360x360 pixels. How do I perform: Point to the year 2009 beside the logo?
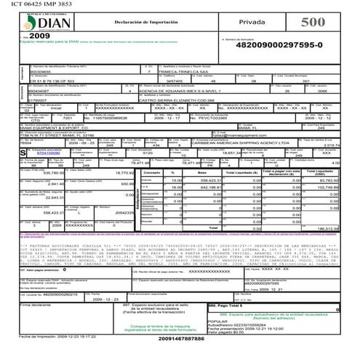(x=40, y=35)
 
